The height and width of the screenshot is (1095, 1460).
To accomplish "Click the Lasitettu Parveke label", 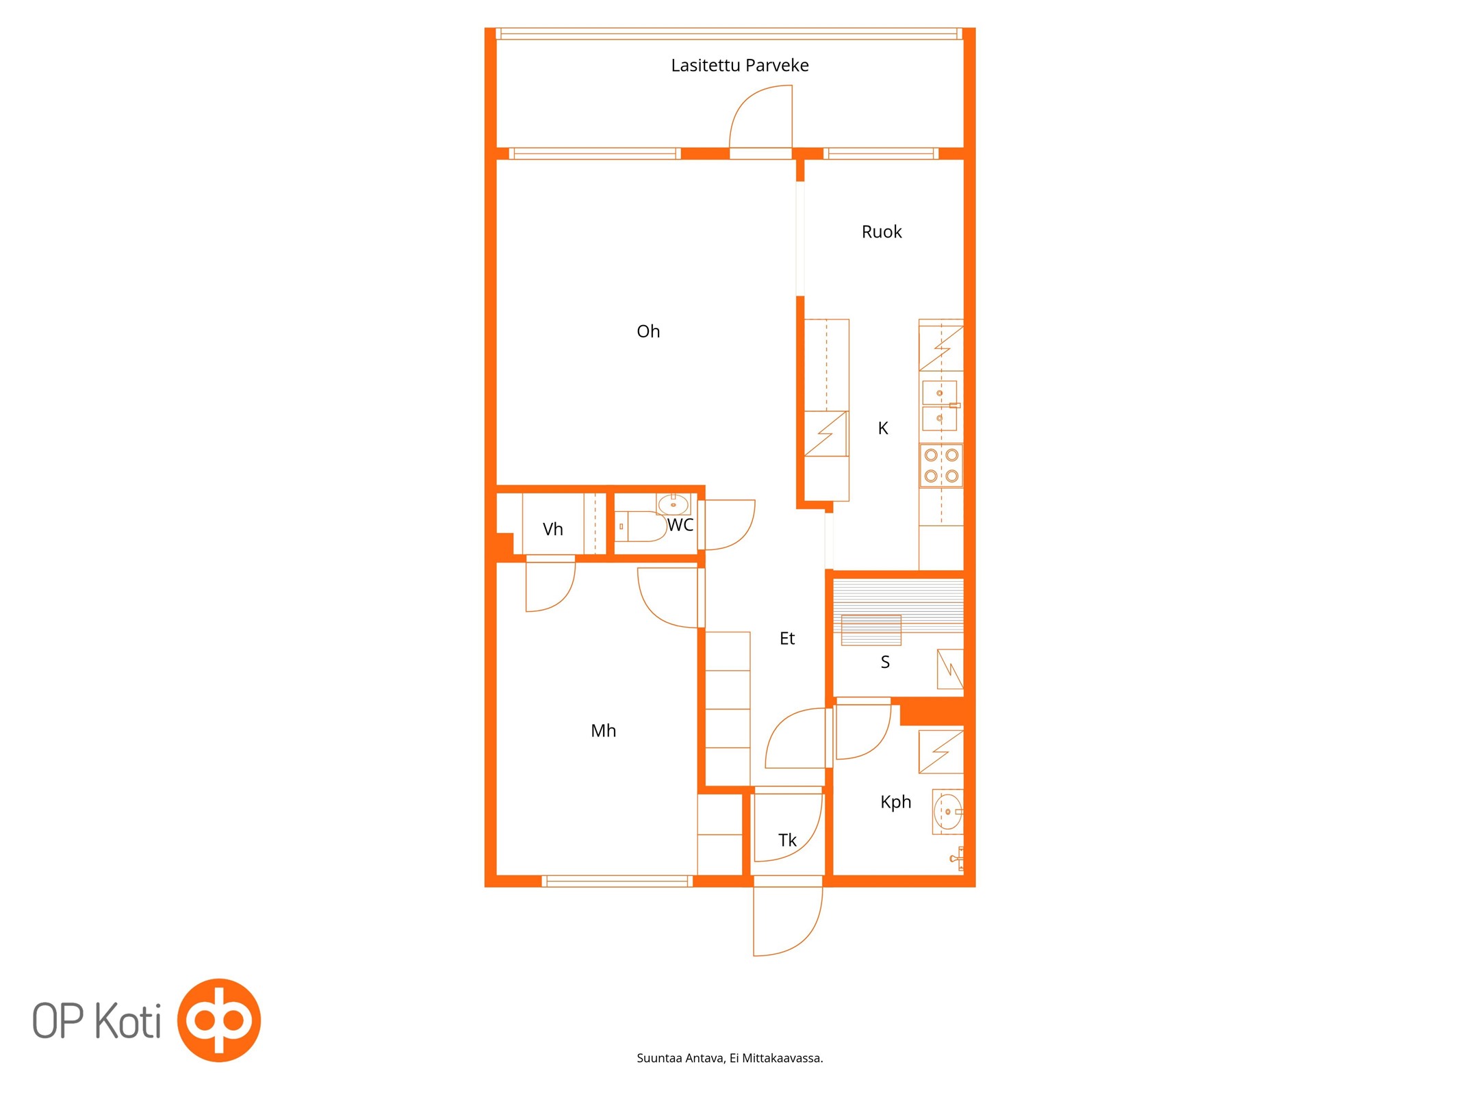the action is (739, 65).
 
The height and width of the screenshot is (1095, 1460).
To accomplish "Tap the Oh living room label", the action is (648, 331).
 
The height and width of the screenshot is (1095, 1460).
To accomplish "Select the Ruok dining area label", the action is (882, 232).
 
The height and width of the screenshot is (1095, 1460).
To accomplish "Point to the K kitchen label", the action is (883, 428).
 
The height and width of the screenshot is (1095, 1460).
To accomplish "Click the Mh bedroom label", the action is (603, 731).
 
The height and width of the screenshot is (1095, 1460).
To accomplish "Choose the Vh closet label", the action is (552, 529).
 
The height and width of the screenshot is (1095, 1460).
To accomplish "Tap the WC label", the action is (680, 525).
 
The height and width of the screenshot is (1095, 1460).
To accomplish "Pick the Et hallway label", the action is (787, 639).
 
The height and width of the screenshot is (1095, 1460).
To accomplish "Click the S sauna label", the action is (885, 662).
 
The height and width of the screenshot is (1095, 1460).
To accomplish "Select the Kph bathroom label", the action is (895, 802).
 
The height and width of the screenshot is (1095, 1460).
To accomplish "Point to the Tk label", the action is (787, 840).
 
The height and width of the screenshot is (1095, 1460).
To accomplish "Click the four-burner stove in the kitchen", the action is (941, 465).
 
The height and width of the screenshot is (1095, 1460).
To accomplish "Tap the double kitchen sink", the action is (940, 405).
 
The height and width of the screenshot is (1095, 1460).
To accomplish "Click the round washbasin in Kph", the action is (948, 812).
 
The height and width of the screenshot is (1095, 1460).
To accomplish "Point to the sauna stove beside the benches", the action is (950, 669).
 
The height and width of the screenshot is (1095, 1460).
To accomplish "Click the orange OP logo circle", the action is (219, 1020).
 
